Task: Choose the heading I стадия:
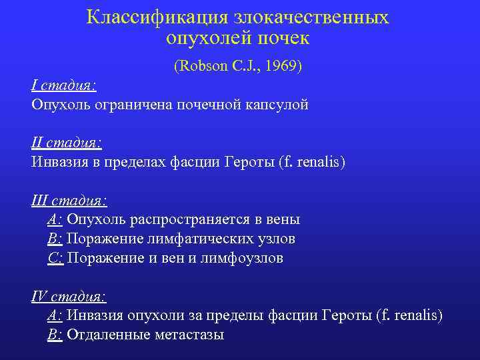pos(64,85)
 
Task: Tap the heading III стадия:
pos(69,200)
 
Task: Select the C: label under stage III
pos(55,258)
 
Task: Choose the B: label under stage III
pos(55,239)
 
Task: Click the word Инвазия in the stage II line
pos(61,162)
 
